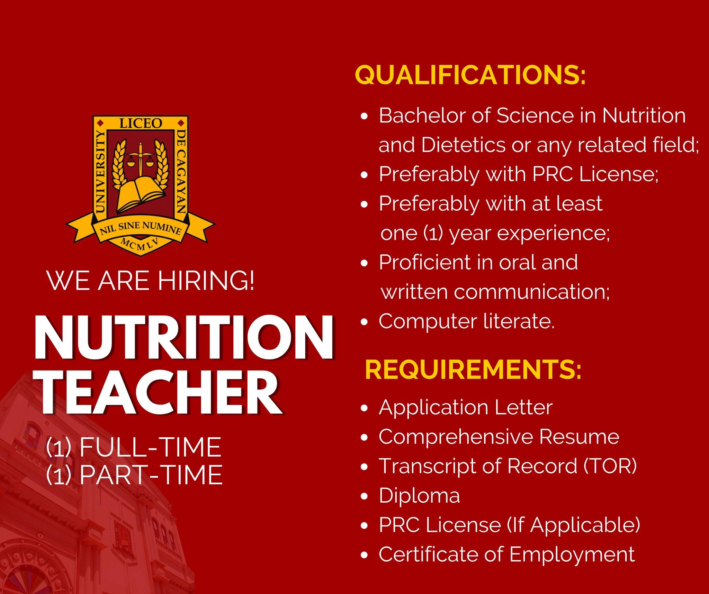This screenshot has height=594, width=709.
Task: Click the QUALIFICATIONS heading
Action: [x=470, y=75]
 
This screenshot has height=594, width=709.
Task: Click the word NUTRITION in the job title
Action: [x=184, y=337]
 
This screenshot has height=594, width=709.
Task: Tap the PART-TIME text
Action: [x=151, y=474]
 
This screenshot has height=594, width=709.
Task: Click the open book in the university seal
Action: [x=140, y=194]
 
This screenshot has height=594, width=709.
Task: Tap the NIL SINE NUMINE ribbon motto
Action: [x=141, y=229]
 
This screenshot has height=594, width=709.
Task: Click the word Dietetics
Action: [x=463, y=145]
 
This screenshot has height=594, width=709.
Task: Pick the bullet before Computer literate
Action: [x=364, y=322]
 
